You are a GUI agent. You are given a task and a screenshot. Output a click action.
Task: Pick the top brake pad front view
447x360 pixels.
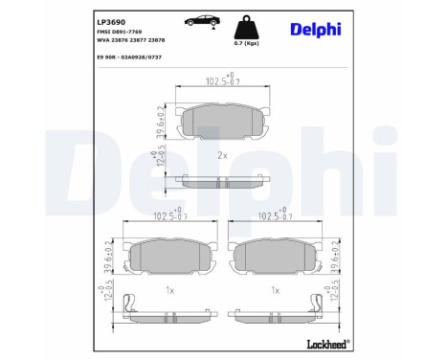click(x=220, y=122)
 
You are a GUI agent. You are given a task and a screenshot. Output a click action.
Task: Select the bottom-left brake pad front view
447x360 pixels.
click(x=167, y=255)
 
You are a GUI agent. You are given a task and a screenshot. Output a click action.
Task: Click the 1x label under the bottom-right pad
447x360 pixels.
click(x=276, y=288)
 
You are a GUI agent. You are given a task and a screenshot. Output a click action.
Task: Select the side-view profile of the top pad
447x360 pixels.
click(x=220, y=183)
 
